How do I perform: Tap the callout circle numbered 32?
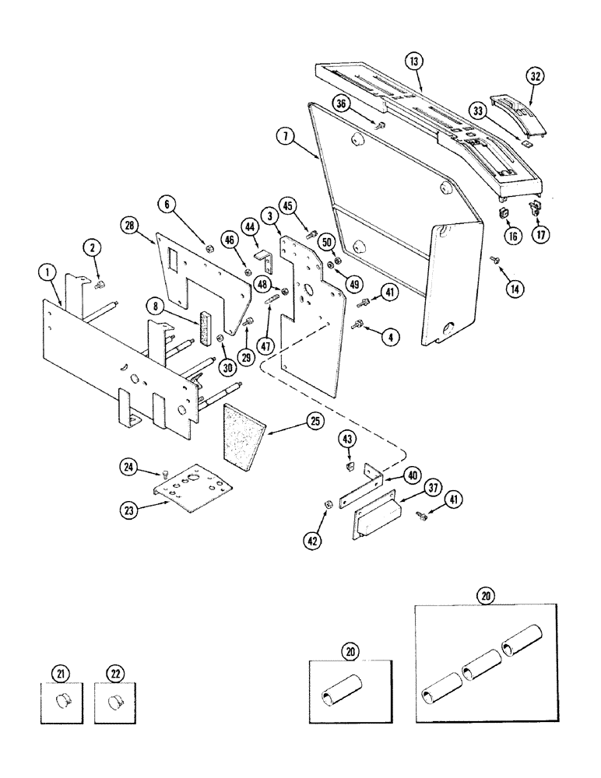point(535,77)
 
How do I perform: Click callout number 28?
point(130,226)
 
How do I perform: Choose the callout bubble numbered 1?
point(48,272)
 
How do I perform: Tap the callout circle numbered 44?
point(251,226)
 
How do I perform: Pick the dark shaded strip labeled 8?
point(209,326)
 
